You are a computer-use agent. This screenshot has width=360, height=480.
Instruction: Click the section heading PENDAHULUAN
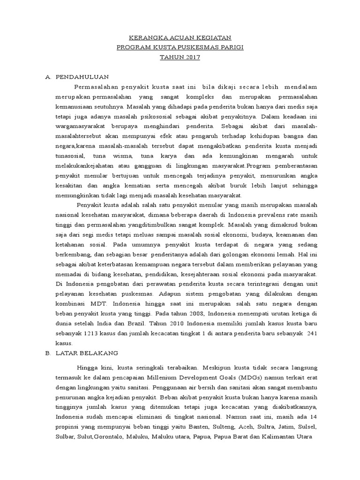click(x=82, y=76)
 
